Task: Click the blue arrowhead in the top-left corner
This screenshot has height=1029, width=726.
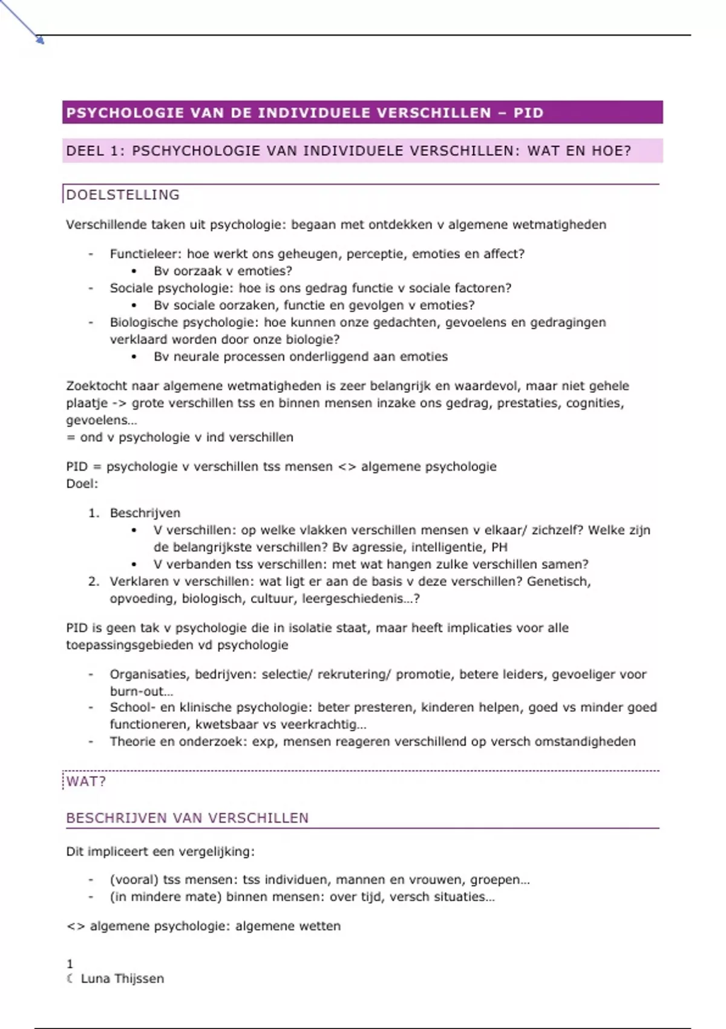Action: click(x=41, y=41)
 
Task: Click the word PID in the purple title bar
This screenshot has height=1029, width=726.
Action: click(x=528, y=113)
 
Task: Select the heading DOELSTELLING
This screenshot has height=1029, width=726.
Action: click(x=123, y=195)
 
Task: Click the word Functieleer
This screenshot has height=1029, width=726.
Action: click(x=145, y=254)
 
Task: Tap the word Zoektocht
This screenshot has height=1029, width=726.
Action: click(x=96, y=386)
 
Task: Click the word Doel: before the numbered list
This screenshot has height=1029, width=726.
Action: click(x=82, y=484)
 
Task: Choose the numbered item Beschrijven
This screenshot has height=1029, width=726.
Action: click(x=145, y=513)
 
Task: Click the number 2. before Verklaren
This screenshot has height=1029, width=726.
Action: click(x=94, y=582)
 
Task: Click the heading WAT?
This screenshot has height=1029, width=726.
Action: click(x=86, y=781)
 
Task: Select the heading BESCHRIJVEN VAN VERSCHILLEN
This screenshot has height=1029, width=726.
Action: click(x=188, y=818)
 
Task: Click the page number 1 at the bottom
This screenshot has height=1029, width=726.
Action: click(x=70, y=964)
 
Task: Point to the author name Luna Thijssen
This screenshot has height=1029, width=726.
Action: click(x=122, y=979)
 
